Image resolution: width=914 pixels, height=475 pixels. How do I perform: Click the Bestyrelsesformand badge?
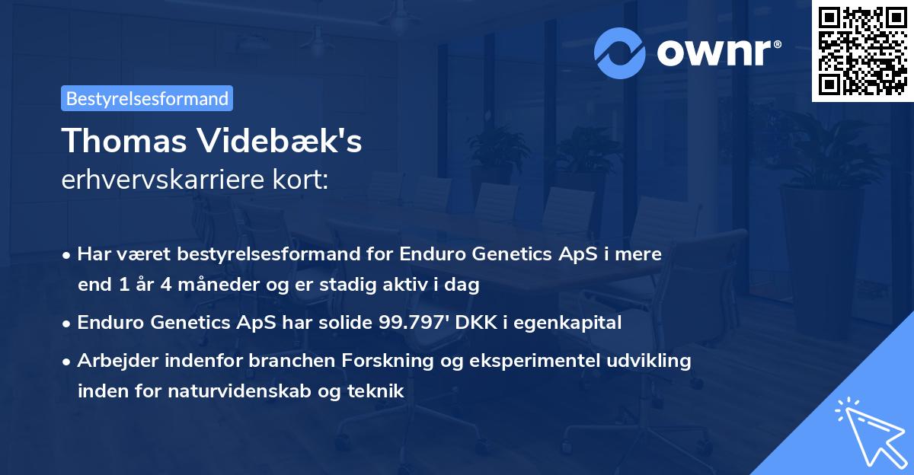point(147,98)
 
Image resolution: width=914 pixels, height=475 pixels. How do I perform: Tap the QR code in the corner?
point(862,50)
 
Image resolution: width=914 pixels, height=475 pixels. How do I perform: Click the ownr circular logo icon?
point(620,53)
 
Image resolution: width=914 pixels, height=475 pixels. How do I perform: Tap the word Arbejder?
point(111,360)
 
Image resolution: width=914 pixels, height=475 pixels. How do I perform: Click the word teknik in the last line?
point(376,391)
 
